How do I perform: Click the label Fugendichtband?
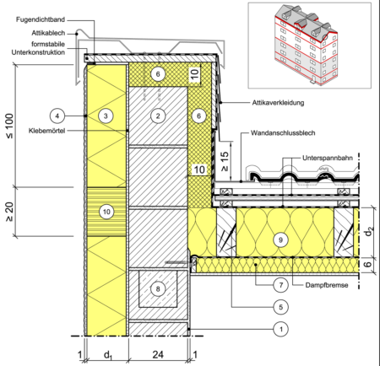[x=41, y=19]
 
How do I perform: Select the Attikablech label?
[x=48, y=33]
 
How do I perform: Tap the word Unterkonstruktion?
[x=38, y=52]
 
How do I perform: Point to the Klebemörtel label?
[x=46, y=131]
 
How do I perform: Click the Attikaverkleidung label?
[x=278, y=103]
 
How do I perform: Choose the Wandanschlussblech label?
[x=283, y=133]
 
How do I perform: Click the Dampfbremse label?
[x=327, y=285]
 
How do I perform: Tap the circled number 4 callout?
[x=57, y=116]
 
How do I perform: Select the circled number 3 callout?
[x=106, y=116]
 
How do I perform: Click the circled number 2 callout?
[x=158, y=116]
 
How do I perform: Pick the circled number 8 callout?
[x=158, y=288]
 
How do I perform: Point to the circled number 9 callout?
[x=280, y=240]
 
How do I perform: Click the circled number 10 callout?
[x=106, y=212]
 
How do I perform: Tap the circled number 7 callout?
[x=281, y=285]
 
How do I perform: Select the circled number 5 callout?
[x=281, y=307]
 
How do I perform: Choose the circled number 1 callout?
[x=281, y=329]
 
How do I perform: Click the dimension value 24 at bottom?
[x=158, y=355]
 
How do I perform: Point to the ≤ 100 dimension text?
[x=9, y=126]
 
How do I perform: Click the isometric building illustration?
[x=306, y=45]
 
